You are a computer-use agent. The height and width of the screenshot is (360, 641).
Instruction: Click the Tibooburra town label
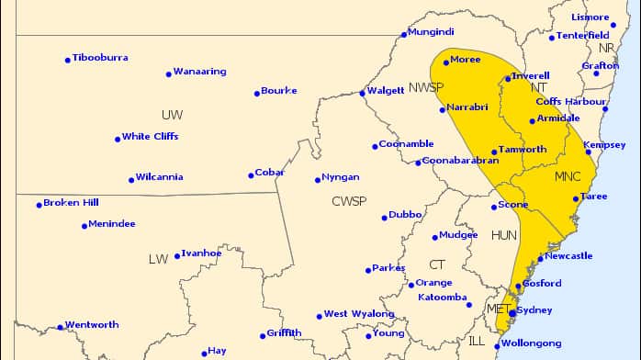(x=100, y=58)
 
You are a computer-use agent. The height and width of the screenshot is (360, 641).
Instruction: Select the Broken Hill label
(x=71, y=203)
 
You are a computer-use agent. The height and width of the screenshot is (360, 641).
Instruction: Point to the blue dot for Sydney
(x=512, y=312)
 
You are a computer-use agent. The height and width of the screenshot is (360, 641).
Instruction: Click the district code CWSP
(x=349, y=201)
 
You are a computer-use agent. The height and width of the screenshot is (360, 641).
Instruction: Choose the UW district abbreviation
(x=172, y=115)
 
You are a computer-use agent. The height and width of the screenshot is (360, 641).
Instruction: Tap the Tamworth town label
(x=523, y=150)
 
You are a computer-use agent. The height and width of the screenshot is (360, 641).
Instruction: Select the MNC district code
(x=568, y=175)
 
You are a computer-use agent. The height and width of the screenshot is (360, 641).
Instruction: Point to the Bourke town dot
(x=256, y=93)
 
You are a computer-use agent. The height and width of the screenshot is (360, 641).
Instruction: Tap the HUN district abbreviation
(x=504, y=236)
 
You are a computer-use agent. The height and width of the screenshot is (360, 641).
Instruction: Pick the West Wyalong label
(x=354, y=314)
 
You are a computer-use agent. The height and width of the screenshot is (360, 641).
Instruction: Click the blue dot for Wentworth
(x=60, y=327)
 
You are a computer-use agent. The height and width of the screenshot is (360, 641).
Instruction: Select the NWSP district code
(x=426, y=87)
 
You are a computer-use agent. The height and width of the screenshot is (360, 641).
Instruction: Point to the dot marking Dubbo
(x=385, y=218)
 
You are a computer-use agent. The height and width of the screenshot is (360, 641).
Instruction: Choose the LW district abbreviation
(x=158, y=260)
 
